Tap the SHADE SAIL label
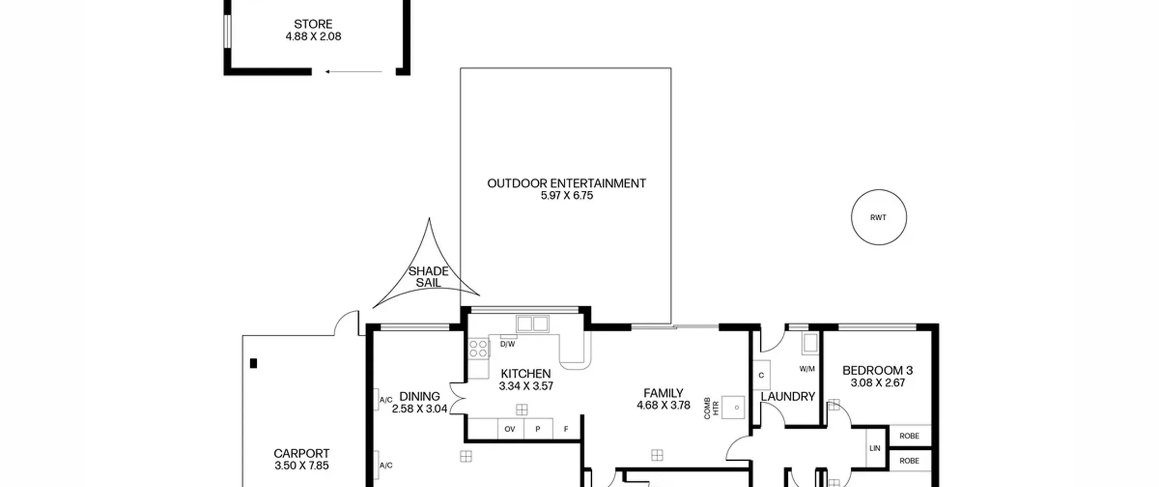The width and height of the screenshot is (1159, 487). point(428,277)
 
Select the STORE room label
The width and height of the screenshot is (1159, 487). point(313,24)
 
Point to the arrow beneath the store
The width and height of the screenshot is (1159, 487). point(354,72)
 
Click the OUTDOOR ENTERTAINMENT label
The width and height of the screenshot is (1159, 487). point(566,183)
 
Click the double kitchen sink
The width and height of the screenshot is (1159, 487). point(532,324)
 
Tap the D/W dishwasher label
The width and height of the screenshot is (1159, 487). point(508,344)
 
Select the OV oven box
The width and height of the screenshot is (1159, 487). point(510,429)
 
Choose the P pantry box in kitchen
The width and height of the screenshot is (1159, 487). point(538,429)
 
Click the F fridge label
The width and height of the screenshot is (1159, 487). point(566,429)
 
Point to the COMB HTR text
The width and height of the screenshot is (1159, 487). point(711,408)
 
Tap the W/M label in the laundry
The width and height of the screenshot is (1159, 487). point(807,369)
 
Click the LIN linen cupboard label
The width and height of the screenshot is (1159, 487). point(875,448)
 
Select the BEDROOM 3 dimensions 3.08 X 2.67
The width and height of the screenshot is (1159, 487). point(877,383)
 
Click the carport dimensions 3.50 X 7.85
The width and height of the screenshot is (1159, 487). point(302,465)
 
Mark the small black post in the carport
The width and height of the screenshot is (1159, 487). point(254,363)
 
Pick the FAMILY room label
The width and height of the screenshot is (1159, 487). point(663,393)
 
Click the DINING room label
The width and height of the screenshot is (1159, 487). point(419,396)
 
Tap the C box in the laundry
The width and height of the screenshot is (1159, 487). point(761,375)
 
